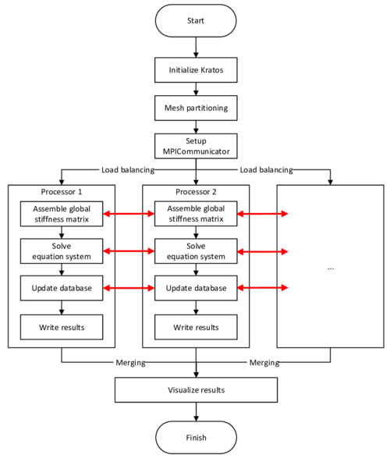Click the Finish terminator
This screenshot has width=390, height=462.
tap(196, 438)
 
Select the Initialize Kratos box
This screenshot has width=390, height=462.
tap(197, 70)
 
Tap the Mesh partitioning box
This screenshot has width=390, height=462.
tap(197, 108)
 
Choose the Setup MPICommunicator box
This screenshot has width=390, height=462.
tap(197, 145)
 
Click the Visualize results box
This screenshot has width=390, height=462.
tap(196, 389)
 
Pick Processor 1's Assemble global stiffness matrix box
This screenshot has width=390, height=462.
tap(62, 213)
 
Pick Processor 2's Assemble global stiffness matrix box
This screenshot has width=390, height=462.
tap(196, 213)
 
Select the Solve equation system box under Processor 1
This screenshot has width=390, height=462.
tap(62, 251)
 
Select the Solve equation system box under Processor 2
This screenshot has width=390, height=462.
tap(196, 251)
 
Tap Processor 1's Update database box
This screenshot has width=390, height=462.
tap(62, 288)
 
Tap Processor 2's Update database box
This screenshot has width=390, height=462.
tap(196, 288)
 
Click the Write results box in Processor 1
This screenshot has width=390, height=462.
tap(62, 326)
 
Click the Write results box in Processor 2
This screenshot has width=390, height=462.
tap(196, 326)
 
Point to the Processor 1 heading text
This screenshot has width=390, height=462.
tap(62, 192)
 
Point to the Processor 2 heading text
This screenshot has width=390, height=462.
tap(196, 192)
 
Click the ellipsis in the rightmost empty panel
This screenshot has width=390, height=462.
tap(331, 268)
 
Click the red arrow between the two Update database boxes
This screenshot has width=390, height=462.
tap(129, 289)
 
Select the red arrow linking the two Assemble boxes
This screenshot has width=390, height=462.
tap(129, 212)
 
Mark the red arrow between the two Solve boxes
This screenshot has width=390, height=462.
tap(129, 251)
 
